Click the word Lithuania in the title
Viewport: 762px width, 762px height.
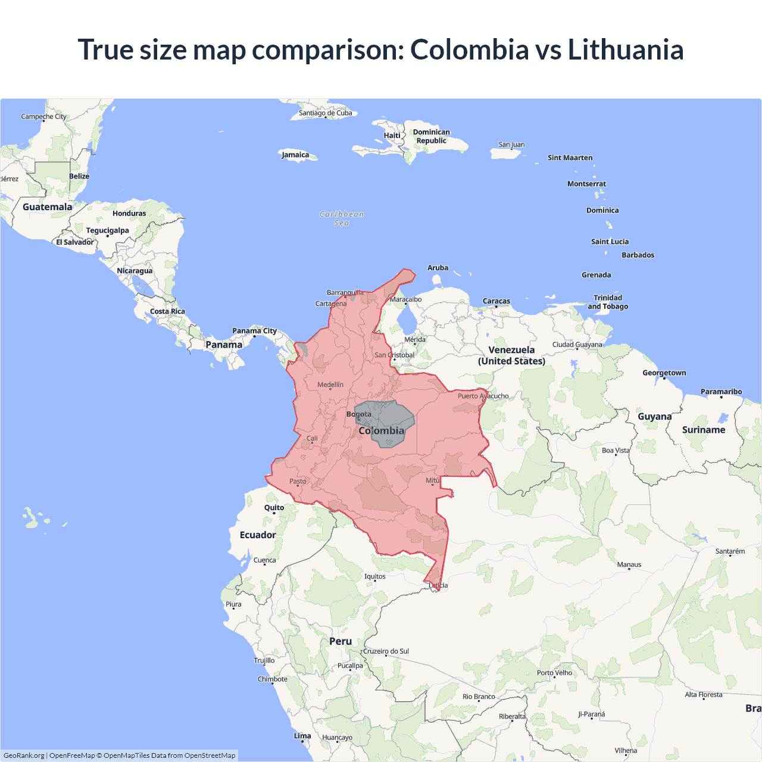click(625, 49)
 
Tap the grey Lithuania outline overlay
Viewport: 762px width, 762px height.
click(390, 417)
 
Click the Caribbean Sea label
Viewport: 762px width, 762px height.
click(342, 218)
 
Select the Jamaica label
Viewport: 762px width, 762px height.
click(295, 155)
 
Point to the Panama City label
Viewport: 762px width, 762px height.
click(254, 331)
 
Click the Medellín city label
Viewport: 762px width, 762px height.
click(330, 385)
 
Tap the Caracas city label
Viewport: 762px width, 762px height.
click(496, 301)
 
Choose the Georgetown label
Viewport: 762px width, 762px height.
click(664, 373)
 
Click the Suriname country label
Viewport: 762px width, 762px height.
click(704, 430)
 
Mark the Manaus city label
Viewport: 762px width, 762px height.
click(629, 564)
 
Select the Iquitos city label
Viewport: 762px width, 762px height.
click(375, 576)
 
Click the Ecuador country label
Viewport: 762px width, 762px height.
click(258, 535)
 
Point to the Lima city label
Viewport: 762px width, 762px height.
click(302, 736)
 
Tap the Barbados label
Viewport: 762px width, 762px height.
click(638, 255)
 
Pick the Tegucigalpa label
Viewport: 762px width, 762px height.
click(107, 230)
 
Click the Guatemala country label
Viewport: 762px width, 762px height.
click(47, 207)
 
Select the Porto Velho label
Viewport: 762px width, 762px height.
click(554, 673)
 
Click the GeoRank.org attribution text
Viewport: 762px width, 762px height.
click(24, 755)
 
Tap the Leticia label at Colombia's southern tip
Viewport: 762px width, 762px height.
click(438, 585)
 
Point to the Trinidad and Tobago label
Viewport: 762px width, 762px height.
click(608, 302)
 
